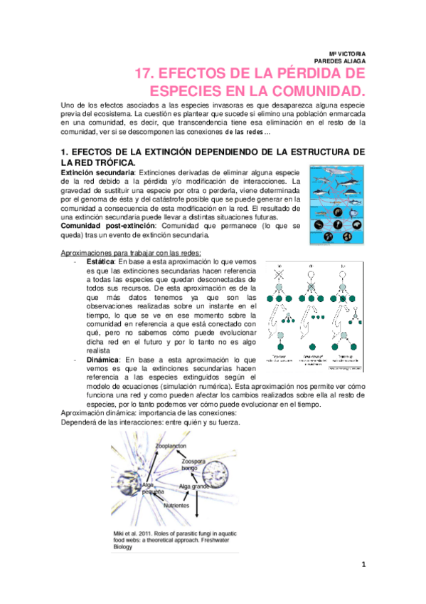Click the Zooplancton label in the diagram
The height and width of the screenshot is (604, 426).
coord(171,446)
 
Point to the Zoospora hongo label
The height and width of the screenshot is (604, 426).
coord(193,465)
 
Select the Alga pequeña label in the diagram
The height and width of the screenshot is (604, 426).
coord(152,489)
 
